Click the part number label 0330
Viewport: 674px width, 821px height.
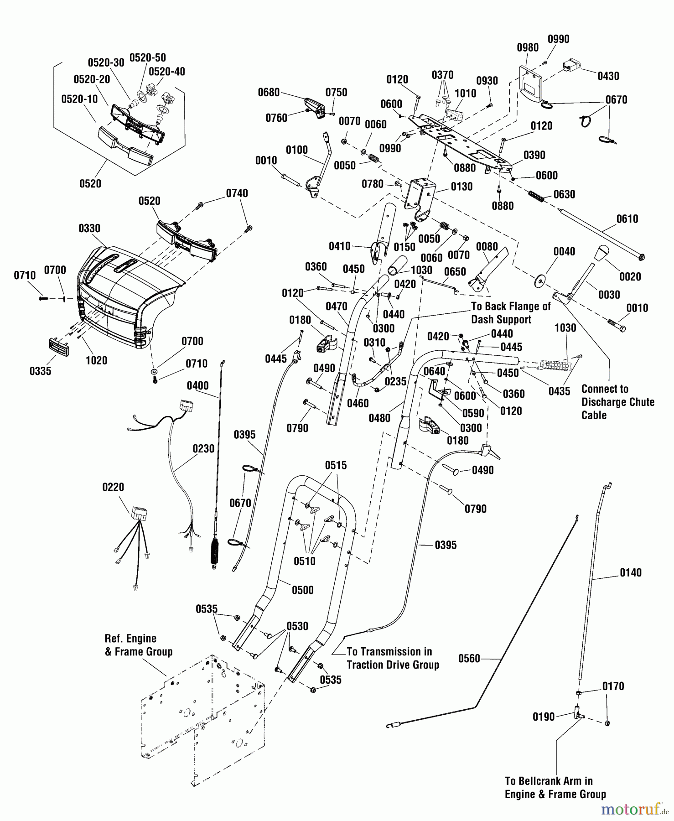pos(89,228)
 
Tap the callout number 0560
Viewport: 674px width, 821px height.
pos(469,658)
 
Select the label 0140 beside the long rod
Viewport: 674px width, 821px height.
pos(631,572)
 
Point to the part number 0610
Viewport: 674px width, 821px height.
pos(627,219)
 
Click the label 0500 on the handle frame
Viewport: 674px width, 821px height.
pos(303,590)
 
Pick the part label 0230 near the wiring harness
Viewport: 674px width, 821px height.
pos(203,449)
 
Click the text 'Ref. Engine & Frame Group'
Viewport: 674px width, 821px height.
pos(139,645)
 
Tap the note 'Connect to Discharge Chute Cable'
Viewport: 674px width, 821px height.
pos(618,402)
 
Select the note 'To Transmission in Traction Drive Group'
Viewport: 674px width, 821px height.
pos(393,658)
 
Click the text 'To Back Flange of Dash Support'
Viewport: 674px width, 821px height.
pos(511,313)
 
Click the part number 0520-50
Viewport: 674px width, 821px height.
pos(148,57)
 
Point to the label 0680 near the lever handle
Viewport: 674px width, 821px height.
pos(269,92)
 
